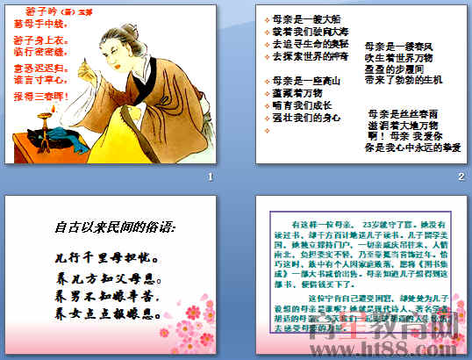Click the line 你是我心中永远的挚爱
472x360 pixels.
411,148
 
